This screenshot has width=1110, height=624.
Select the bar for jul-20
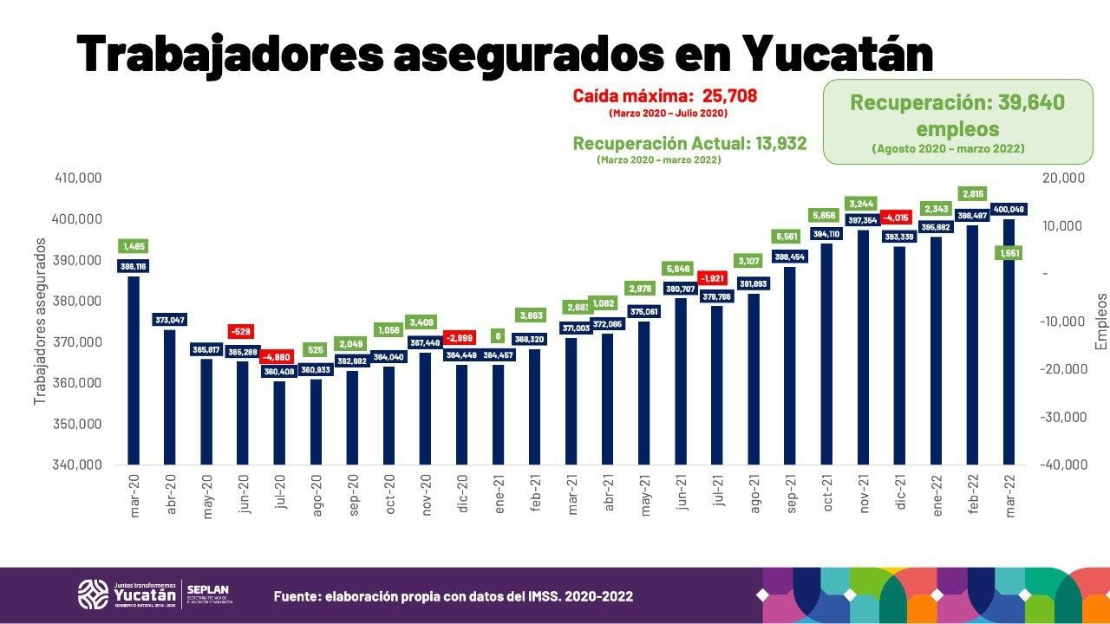(279, 425)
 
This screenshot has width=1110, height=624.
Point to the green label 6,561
(789, 237)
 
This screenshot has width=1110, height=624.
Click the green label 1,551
(1009, 253)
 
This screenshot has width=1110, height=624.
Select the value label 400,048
(1009, 209)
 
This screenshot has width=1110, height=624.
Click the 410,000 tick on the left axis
(79, 178)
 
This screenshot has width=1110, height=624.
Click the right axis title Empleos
(1101, 321)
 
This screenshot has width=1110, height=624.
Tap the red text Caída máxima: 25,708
(665, 95)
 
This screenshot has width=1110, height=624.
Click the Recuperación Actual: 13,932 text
(689, 143)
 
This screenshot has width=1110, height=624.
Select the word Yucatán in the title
(838, 54)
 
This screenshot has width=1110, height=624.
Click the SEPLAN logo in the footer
(208, 594)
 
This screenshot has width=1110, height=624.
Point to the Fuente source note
(453, 596)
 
